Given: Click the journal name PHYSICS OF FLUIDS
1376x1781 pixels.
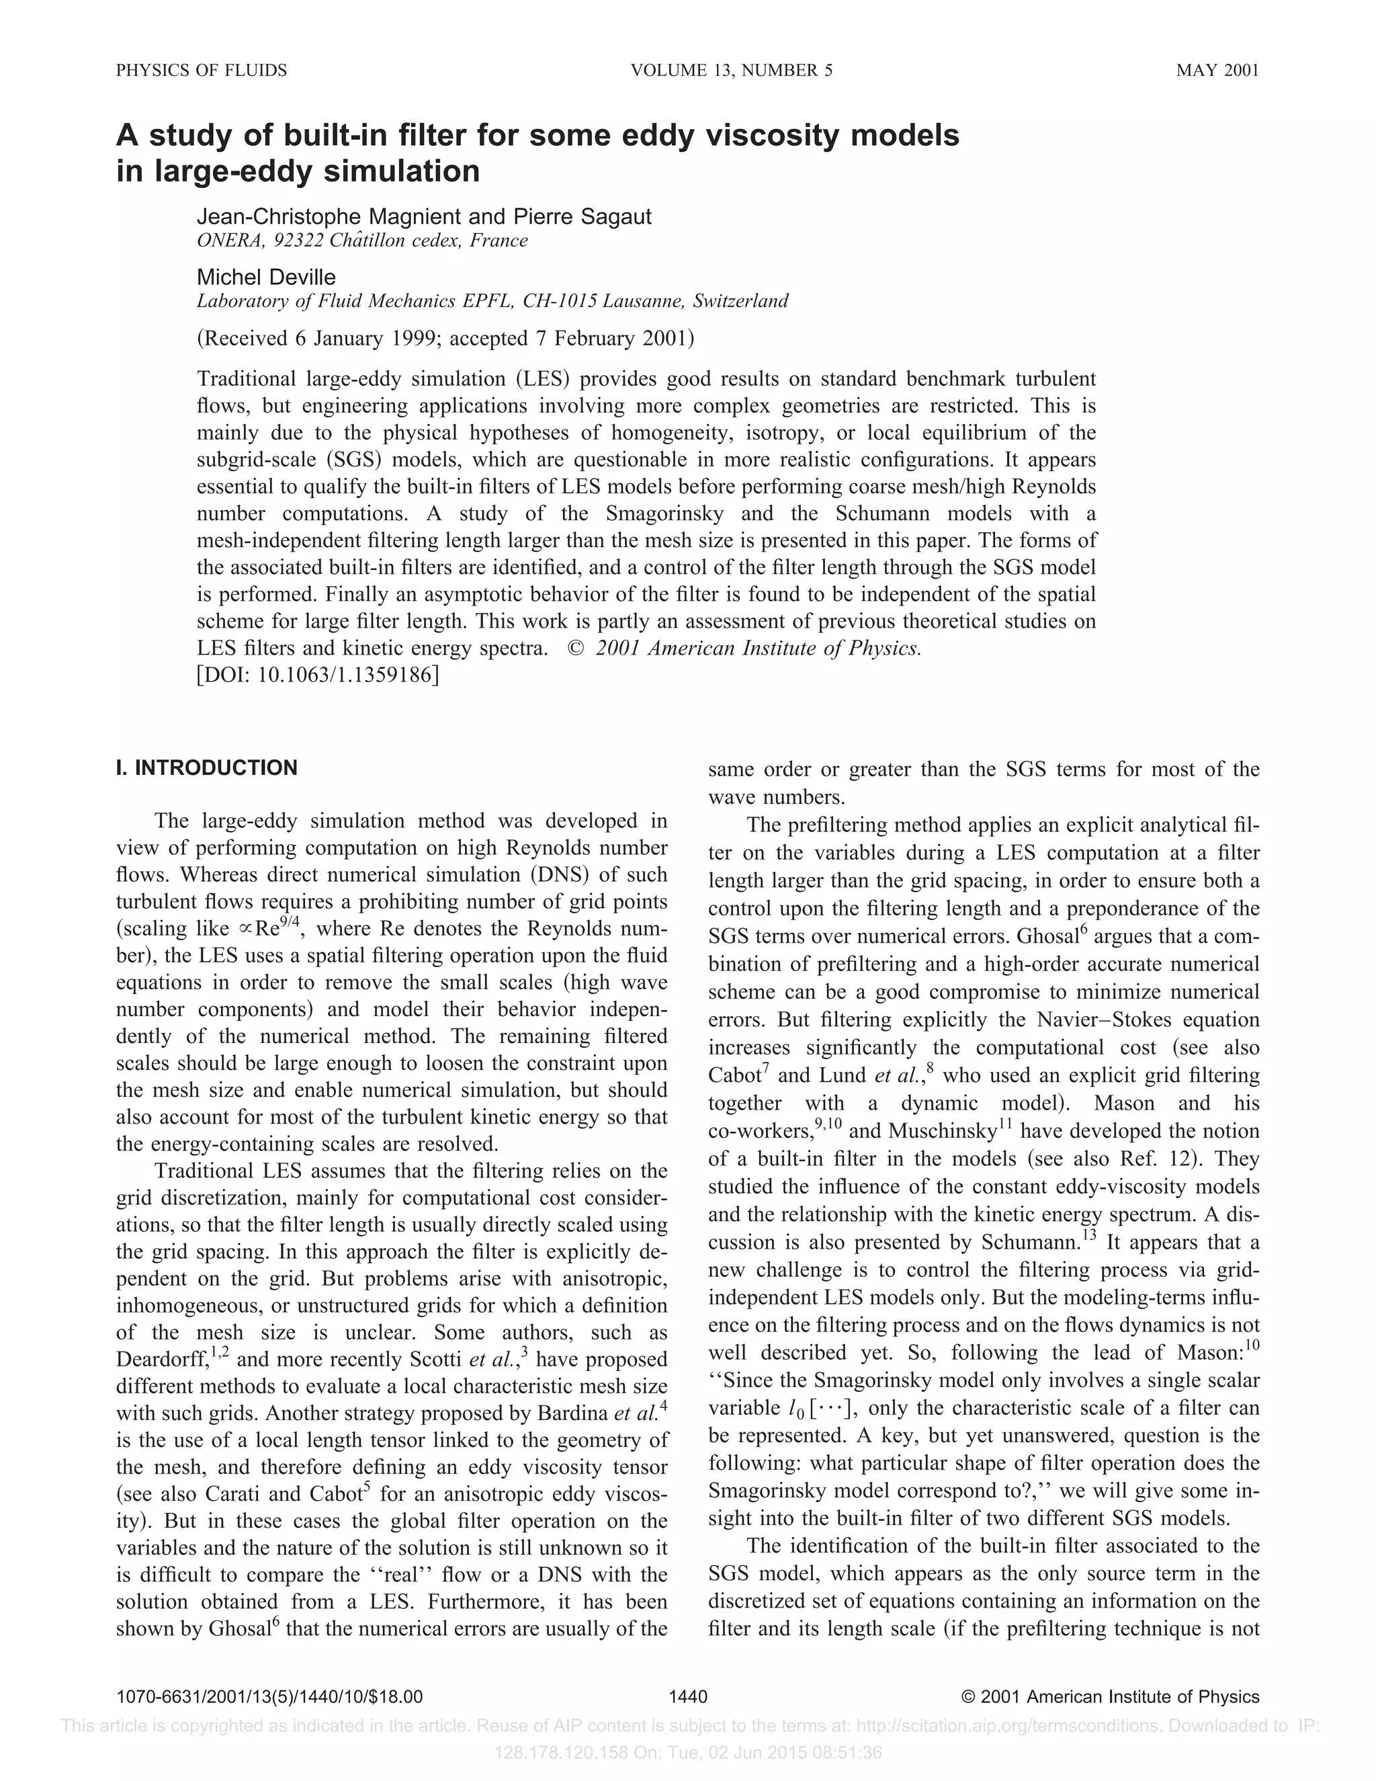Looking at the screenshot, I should click(x=202, y=70).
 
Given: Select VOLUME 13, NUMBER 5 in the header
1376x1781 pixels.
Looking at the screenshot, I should click(x=731, y=70).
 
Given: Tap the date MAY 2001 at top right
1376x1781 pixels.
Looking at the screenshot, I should click(x=1217, y=70).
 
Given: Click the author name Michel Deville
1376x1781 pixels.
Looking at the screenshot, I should click(x=266, y=278).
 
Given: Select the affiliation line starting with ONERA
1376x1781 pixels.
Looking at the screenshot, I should click(x=362, y=241).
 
